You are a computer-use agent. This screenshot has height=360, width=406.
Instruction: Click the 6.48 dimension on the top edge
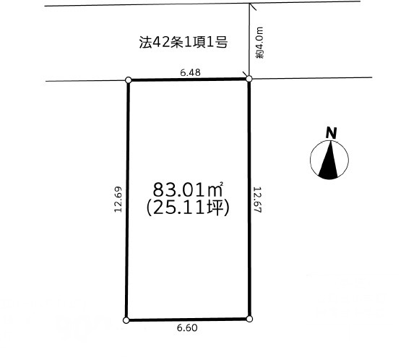[190, 72]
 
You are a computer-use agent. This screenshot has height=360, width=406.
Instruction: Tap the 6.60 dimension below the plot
[187, 328]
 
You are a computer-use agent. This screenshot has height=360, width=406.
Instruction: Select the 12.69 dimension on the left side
[118, 200]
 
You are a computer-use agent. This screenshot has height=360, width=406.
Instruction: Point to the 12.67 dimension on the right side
[258, 200]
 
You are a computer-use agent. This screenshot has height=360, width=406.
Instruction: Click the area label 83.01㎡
[188, 189]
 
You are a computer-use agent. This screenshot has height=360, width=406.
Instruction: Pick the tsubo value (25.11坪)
[188, 208]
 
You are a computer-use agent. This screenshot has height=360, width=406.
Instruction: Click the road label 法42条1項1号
[183, 42]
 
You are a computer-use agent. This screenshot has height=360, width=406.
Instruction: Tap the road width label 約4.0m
[259, 43]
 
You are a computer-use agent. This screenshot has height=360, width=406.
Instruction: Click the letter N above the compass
[331, 133]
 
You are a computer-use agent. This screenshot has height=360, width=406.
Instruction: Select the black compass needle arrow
[329, 160]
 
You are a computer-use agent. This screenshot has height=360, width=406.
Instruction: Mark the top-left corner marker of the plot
[128, 80]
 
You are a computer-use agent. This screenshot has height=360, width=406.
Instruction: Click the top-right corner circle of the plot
[249, 78]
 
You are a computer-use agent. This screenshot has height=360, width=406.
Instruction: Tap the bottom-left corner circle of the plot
[126, 320]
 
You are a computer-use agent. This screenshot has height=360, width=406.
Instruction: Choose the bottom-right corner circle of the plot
[249, 319]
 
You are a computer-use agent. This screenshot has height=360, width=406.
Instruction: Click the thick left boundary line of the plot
[127, 200]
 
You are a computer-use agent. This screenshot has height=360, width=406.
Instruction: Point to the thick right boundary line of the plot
[249, 199]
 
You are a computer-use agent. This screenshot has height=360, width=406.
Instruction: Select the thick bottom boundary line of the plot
[188, 320]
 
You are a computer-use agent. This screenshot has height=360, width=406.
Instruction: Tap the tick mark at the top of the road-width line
[253, 7]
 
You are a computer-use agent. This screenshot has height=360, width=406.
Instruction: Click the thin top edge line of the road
[202, 4]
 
